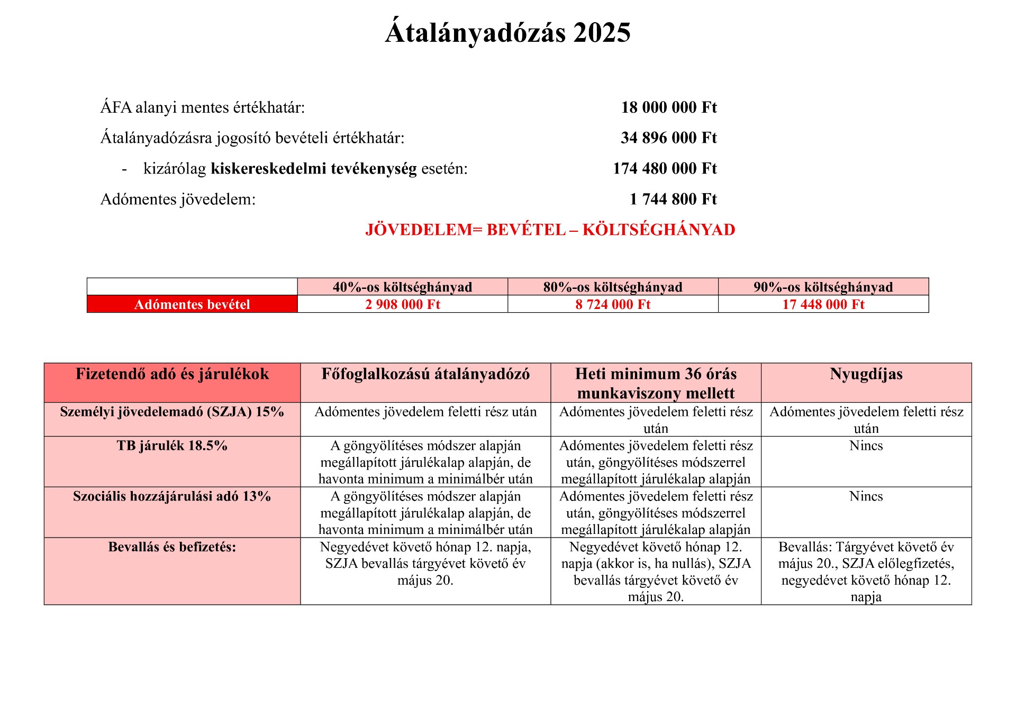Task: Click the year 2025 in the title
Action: click(x=602, y=33)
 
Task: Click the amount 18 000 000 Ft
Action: click(x=669, y=107)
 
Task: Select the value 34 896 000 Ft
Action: click(x=668, y=138)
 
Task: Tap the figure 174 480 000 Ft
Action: click(x=665, y=169)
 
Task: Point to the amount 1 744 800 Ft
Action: click(x=673, y=199)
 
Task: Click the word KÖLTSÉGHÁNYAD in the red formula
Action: click(x=659, y=230)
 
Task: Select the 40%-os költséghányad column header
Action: click(x=402, y=287)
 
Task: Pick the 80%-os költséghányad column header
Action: click(x=613, y=287)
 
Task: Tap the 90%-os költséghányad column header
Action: click(x=823, y=287)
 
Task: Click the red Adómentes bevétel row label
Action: click(x=192, y=305)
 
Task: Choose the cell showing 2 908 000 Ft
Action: click(x=402, y=305)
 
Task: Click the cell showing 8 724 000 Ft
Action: click(x=613, y=305)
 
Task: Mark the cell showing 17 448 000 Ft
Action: click(x=823, y=305)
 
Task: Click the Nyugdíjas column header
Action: click(x=866, y=375)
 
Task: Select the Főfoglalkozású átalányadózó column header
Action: click(x=425, y=375)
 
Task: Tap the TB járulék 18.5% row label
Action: click(x=172, y=446)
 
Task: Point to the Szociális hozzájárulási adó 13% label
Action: click(x=172, y=497)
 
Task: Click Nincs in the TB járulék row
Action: click(x=866, y=446)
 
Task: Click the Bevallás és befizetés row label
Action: click(x=172, y=547)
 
